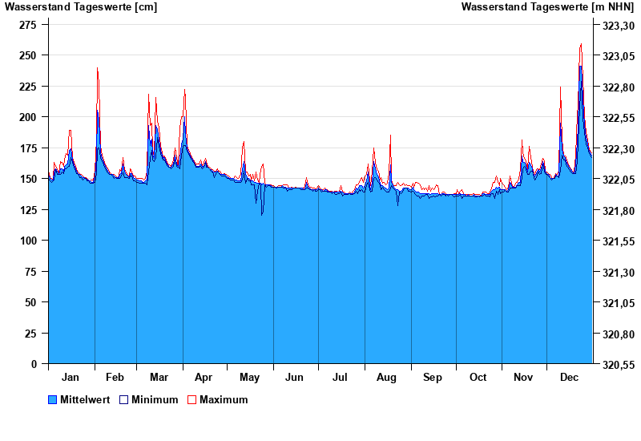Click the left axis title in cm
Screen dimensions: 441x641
[81, 7]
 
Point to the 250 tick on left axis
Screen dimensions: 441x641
[28, 55]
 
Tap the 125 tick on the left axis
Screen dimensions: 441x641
[28, 210]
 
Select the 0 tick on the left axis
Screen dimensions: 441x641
[34, 364]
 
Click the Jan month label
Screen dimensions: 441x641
[71, 378]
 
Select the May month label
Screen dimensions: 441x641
[250, 378]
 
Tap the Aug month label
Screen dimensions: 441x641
[387, 378]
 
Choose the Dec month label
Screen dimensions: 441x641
[570, 378]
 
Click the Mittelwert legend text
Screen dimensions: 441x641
[85, 400]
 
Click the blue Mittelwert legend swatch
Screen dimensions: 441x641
[53, 400]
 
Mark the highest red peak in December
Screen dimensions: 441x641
[581, 45]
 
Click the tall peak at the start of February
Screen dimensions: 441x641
[97, 69]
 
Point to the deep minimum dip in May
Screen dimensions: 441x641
[262, 214]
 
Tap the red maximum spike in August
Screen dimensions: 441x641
[390, 136]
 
